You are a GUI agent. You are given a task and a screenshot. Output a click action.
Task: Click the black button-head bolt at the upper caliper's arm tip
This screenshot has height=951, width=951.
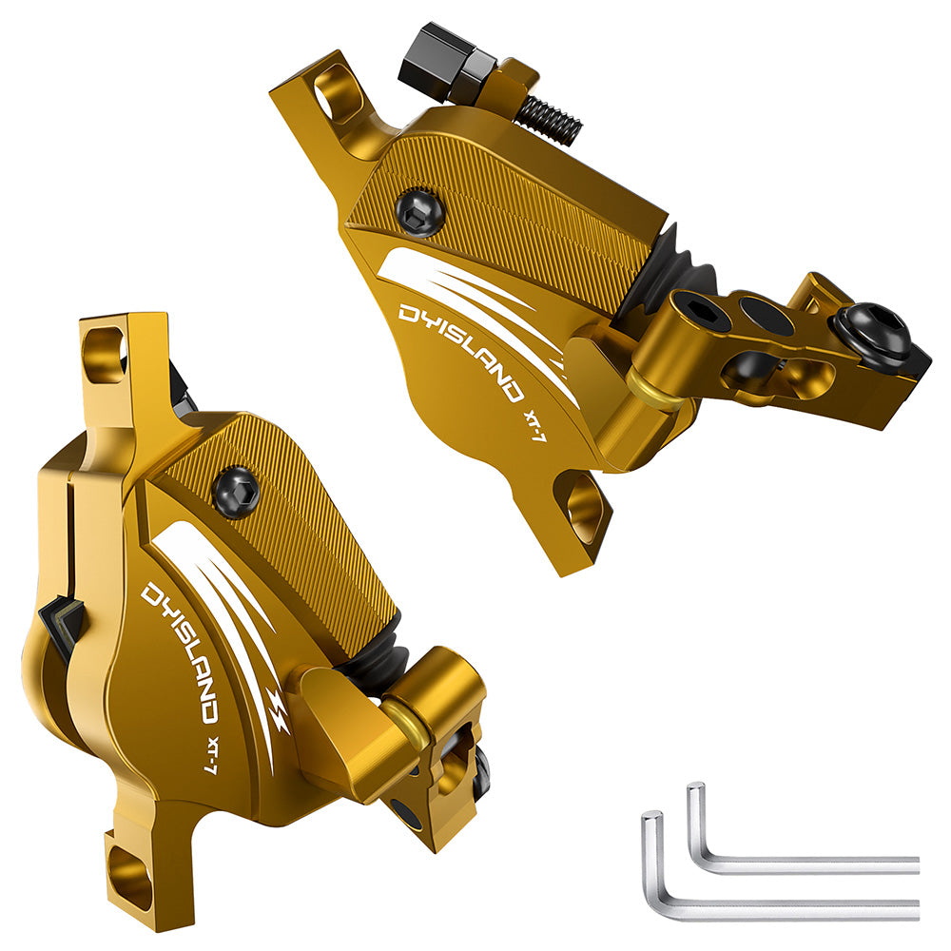873,335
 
